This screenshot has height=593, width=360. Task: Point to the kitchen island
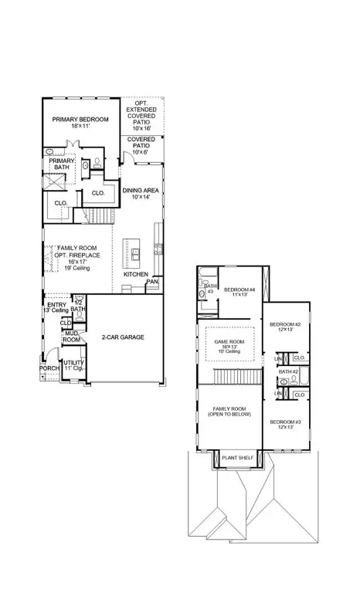click(135, 252)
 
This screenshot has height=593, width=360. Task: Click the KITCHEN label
click(136, 275)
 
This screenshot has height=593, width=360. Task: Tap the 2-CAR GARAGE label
click(123, 337)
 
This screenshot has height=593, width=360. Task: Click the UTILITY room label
click(73, 362)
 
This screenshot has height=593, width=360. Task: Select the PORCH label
click(49, 368)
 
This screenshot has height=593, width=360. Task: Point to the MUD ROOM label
click(71, 337)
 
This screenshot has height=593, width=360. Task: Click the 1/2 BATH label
click(78, 306)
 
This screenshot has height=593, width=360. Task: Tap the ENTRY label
click(56, 305)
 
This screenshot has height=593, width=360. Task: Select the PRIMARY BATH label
click(63, 164)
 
